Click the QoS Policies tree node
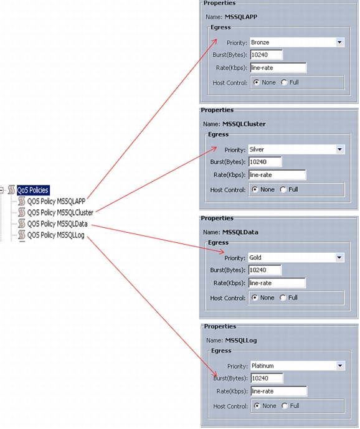(33, 190)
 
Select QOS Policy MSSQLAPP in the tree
(56, 201)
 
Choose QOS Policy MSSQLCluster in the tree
(60, 212)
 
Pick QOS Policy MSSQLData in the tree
(57, 224)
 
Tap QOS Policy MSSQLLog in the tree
(55, 235)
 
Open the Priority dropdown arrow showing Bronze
(339, 42)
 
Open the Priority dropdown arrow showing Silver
(339, 149)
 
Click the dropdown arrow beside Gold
(339, 257)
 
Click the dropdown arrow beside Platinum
(340, 365)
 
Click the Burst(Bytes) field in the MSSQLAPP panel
(267, 55)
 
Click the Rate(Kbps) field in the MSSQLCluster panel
(277, 175)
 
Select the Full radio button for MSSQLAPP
(284, 82)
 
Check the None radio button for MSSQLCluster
(255, 190)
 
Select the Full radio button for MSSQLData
(283, 298)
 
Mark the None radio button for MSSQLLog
(257, 406)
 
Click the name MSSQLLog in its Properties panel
(241, 341)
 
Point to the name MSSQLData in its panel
(240, 232)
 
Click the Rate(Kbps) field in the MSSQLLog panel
(279, 391)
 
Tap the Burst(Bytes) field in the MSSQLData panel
(265, 270)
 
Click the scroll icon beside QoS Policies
(11, 190)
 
